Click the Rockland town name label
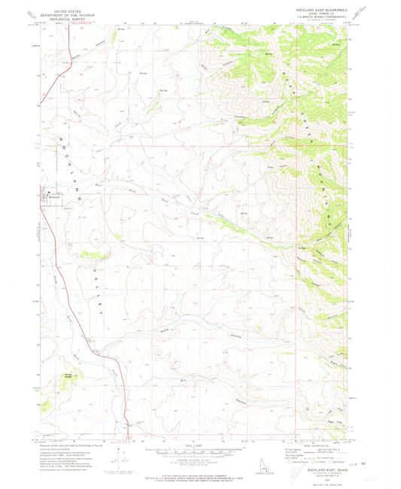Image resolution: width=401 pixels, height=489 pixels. (54, 198)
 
